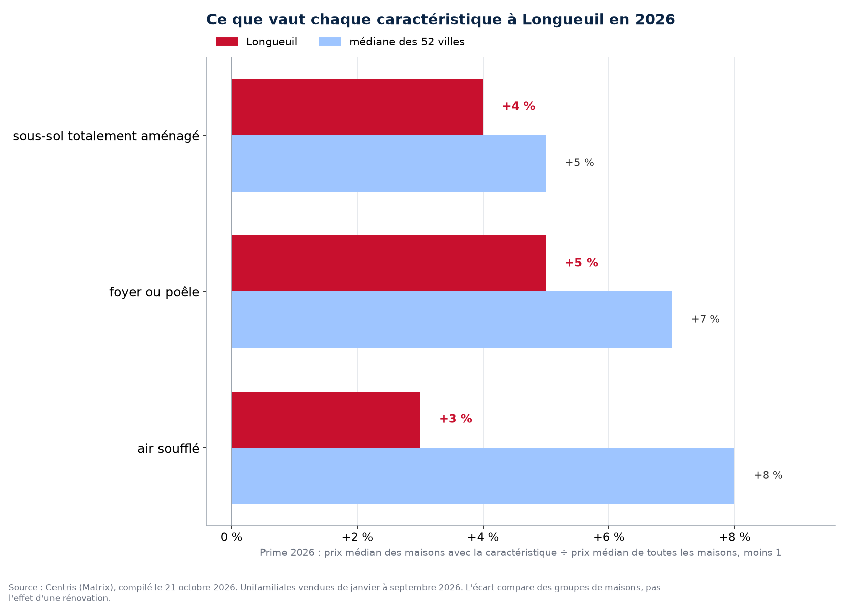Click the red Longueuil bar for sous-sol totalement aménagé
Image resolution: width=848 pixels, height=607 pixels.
[357, 107]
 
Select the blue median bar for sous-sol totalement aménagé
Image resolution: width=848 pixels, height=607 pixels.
[389, 163]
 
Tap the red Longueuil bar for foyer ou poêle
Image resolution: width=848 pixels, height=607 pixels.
[389, 264]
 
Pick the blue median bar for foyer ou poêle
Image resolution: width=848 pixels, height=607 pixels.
[452, 320]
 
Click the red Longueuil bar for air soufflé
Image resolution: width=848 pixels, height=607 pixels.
[326, 420]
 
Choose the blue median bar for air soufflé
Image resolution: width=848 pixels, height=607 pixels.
[483, 476]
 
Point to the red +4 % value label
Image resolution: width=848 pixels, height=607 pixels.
[519, 106]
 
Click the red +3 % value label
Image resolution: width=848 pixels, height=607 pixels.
[456, 419]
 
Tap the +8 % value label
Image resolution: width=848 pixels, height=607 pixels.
[768, 475]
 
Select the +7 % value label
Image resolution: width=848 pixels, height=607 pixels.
[705, 319]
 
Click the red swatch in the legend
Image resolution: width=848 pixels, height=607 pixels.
[227, 42]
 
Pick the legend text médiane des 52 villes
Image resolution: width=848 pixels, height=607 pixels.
[407, 42]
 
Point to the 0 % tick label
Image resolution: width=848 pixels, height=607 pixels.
[231, 537]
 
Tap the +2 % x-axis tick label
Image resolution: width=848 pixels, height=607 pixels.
[357, 537]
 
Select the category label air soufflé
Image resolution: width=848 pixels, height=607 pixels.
[169, 449]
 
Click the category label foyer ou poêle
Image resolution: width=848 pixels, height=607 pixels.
[154, 292]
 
